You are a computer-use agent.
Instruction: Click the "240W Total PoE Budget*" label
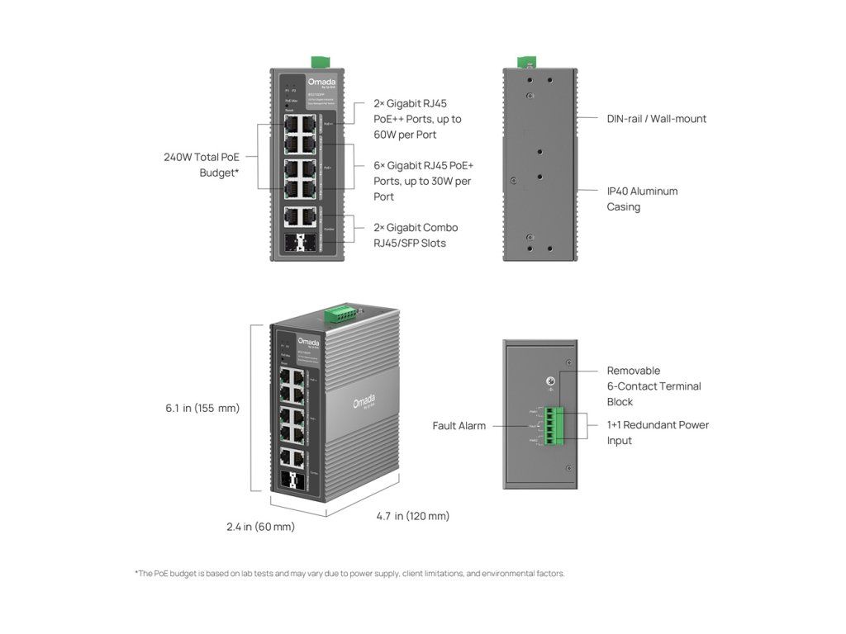pos(201,165)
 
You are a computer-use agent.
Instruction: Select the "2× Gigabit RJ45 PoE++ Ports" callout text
pos(417,119)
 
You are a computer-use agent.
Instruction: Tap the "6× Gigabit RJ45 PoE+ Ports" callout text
pos(422,181)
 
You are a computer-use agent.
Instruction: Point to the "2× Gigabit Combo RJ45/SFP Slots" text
pos(416,235)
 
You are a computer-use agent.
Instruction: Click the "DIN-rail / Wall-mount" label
pos(657,119)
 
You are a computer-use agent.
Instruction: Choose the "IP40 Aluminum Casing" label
pos(642,199)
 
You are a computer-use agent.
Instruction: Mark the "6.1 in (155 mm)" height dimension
pos(202,408)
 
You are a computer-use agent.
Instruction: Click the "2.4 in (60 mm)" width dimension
pos(260,527)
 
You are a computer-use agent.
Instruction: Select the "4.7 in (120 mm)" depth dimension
pos(413,517)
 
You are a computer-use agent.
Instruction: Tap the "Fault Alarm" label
pos(459,426)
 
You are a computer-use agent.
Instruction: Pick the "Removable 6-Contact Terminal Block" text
pos(654,386)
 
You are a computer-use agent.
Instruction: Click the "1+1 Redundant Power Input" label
pos(658,433)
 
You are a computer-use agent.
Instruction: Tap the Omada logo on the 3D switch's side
pos(364,404)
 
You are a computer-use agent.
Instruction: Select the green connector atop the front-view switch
pos(319,62)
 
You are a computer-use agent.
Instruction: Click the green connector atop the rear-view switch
pos(525,62)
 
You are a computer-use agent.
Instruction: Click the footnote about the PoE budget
pos(349,574)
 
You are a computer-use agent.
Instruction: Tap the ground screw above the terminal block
pos(549,381)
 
